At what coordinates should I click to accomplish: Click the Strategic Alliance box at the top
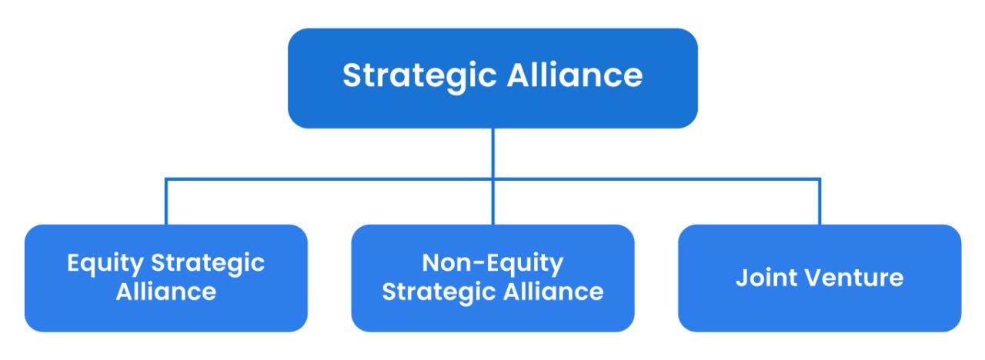pyautogui.click(x=492, y=78)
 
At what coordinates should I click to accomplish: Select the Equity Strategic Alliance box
pyautogui.click(x=165, y=278)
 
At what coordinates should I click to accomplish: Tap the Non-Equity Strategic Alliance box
pyautogui.click(x=492, y=278)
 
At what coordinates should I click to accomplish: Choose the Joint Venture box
pyautogui.click(x=820, y=278)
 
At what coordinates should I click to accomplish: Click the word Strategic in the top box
pyautogui.click(x=419, y=76)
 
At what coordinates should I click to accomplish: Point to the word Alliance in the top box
pyautogui.click(x=575, y=75)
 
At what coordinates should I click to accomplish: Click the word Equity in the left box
pyautogui.click(x=105, y=264)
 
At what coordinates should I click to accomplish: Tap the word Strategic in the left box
pyautogui.click(x=208, y=264)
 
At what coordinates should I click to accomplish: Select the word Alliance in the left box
pyautogui.click(x=165, y=292)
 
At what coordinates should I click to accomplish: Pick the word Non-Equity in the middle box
pyautogui.click(x=492, y=264)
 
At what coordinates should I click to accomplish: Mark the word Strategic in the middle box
pyautogui.click(x=439, y=293)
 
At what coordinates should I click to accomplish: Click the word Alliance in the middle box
pyautogui.click(x=553, y=292)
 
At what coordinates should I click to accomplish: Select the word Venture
pyautogui.click(x=855, y=278)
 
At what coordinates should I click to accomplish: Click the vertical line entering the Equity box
pyautogui.click(x=165, y=202)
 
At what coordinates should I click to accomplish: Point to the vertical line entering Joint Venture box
pyautogui.click(x=820, y=202)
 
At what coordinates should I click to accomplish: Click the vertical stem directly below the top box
pyautogui.click(x=493, y=153)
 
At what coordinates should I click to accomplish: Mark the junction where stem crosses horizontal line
pyautogui.click(x=493, y=179)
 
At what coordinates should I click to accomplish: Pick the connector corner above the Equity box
pyautogui.click(x=165, y=179)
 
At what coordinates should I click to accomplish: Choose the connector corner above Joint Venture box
pyautogui.click(x=820, y=179)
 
